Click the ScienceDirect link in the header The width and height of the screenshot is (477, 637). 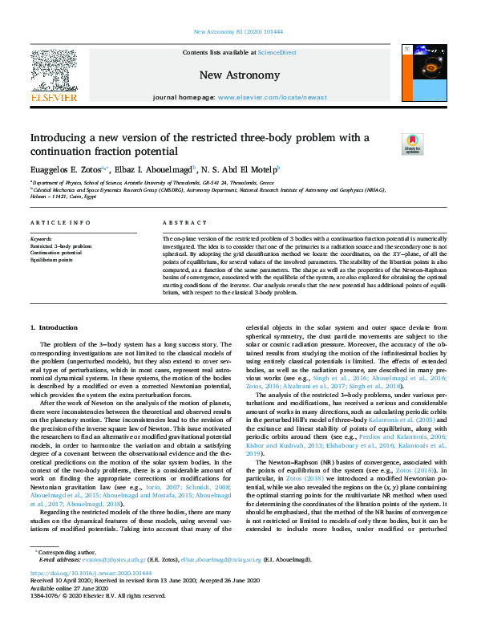point(278,52)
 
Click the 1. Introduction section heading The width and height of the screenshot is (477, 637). point(54,327)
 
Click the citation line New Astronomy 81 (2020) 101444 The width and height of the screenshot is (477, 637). point(238,33)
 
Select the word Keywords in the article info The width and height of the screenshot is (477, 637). point(41,239)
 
